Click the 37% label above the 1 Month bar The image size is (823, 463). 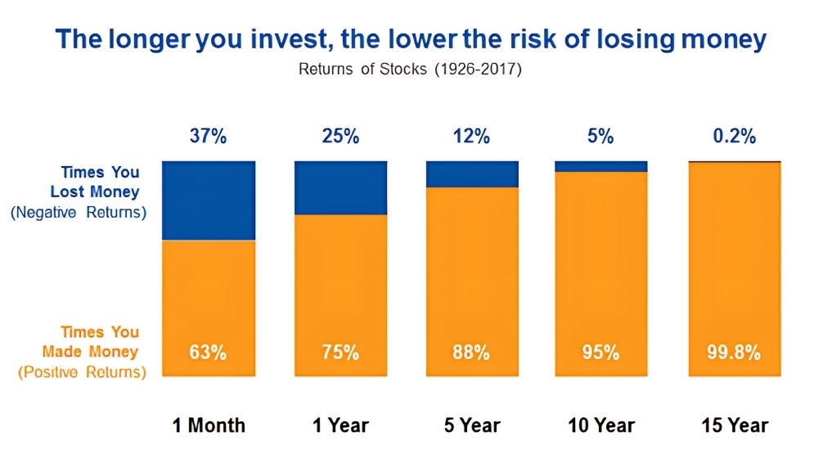(209, 137)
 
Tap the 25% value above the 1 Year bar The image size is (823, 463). (340, 137)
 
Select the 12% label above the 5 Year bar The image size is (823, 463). (471, 137)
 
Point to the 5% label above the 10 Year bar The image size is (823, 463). (600, 137)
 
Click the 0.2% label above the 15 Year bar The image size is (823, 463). (735, 137)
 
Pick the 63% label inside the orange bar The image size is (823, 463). (208, 352)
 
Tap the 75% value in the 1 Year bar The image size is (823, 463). (340, 352)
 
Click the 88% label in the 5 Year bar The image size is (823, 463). (471, 352)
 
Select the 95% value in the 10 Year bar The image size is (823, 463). (600, 352)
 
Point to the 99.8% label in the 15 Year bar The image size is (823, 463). (734, 352)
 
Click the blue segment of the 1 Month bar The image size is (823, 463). (209, 200)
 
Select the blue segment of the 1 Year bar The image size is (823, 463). (340, 188)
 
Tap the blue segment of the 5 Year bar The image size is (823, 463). (472, 174)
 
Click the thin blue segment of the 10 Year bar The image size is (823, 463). (601, 166)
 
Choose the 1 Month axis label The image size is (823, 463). (209, 425)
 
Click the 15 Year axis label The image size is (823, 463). (735, 425)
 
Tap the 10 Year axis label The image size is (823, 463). (601, 425)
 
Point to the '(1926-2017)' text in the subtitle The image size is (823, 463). (478, 70)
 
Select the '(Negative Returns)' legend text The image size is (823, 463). (79, 212)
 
